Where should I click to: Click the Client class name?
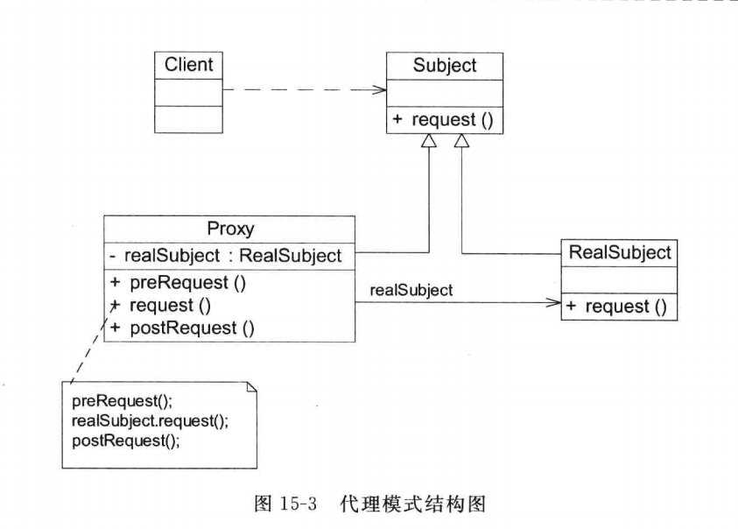[189, 65]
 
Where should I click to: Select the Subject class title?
[445, 66]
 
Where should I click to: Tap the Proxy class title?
[230, 229]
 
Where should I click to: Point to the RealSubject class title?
[620, 252]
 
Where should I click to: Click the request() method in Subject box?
[443, 120]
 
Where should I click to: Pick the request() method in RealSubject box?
[616, 307]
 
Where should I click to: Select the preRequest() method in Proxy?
[178, 283]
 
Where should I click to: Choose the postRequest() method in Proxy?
[182, 328]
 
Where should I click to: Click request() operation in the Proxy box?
[160, 306]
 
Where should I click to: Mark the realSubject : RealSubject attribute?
[226, 256]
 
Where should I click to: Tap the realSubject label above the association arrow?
[411, 290]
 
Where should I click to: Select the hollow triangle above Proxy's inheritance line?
[429, 140]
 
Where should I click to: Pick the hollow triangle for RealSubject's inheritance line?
[461, 140]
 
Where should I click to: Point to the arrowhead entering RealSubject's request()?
[554, 302]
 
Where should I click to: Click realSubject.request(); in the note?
[151, 420]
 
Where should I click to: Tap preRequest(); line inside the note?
[123, 401]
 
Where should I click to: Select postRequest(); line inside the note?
[126, 441]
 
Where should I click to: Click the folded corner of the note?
[252, 387]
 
